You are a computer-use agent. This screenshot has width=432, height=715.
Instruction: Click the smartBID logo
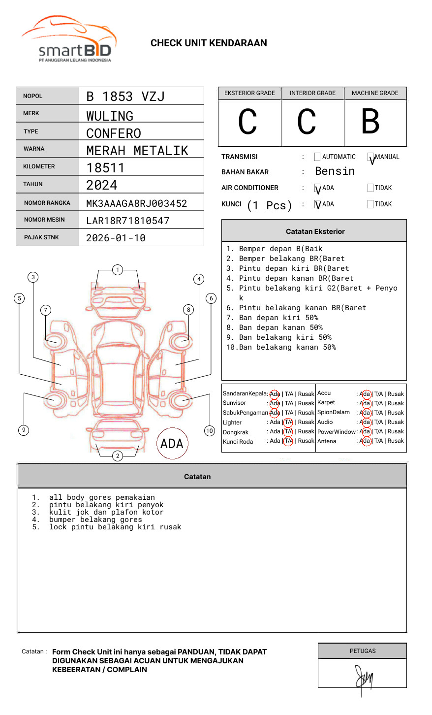pyautogui.click(x=69, y=39)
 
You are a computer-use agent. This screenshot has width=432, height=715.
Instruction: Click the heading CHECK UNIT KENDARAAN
pyautogui.click(x=209, y=43)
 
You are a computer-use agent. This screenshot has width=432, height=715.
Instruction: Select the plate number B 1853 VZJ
pyautogui.click(x=125, y=97)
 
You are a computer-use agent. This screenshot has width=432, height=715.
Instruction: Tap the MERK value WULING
pyautogui.click(x=110, y=116)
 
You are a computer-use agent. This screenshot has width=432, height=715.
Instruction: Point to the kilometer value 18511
pyautogui.click(x=105, y=168)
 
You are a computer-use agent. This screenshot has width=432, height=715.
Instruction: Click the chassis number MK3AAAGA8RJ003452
pyautogui.click(x=136, y=203)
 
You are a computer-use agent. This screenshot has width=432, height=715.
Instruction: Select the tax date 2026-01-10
pyautogui.click(x=116, y=238)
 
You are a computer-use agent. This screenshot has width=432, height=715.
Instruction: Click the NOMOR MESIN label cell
pyautogui.click(x=47, y=220)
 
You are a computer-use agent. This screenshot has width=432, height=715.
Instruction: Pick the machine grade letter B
pyautogui.click(x=370, y=122)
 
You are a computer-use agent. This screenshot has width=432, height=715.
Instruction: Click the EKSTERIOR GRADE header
pyautogui.click(x=249, y=93)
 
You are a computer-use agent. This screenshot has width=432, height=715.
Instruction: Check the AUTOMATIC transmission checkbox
pyautogui.click(x=317, y=157)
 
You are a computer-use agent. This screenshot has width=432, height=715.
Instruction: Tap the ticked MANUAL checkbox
pyautogui.click(x=370, y=157)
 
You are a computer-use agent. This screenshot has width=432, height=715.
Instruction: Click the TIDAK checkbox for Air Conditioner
pyautogui.click(x=370, y=188)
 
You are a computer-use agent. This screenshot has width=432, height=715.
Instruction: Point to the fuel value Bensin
pyautogui.click(x=335, y=171)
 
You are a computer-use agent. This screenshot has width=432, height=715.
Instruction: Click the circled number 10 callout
pyautogui.click(x=210, y=431)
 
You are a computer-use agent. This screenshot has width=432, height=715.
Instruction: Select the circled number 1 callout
pyautogui.click(x=117, y=270)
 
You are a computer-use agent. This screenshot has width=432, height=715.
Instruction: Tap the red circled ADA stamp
pyautogui.click(x=172, y=444)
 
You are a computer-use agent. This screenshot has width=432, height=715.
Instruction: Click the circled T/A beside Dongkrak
pyautogui.click(x=288, y=432)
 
